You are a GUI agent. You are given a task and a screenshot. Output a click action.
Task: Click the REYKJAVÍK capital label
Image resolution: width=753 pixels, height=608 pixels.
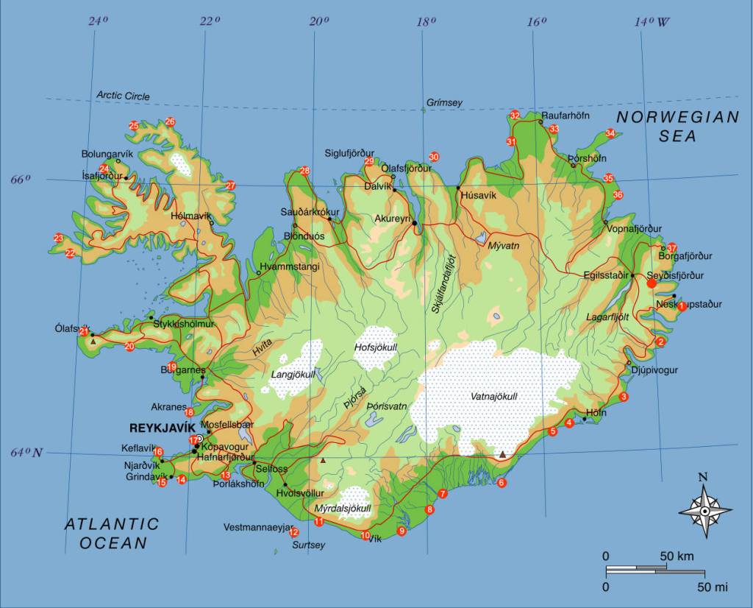[162, 428]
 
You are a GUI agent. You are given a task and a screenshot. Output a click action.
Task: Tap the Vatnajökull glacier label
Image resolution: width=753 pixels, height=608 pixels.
[493, 397]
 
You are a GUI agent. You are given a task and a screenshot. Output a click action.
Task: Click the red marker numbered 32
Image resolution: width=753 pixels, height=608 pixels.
[515, 116]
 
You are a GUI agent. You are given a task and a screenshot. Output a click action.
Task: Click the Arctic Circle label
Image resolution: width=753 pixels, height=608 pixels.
[123, 96]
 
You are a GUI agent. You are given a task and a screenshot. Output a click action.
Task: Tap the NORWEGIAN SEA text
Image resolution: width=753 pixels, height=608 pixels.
[677, 126]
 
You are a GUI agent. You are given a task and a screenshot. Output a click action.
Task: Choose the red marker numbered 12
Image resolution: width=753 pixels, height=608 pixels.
[294, 532]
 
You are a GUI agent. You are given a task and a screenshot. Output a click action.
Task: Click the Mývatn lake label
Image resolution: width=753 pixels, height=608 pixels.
[504, 245]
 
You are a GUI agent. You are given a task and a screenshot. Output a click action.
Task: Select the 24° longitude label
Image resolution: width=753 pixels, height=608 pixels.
[98, 21]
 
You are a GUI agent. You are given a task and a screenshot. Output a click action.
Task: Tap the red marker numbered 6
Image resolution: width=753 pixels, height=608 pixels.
[502, 483]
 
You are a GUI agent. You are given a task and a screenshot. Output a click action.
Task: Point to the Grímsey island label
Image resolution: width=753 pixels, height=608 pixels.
[444, 103]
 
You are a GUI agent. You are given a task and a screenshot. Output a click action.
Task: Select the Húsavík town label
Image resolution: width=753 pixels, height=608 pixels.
[478, 195]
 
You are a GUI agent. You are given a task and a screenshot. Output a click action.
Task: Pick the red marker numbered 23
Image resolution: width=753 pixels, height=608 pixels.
[58, 238]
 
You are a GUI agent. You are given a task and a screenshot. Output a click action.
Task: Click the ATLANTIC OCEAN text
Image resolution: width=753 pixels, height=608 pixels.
[111, 534]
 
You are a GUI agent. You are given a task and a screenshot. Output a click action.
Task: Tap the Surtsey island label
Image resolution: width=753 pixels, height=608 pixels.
[308, 545]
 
